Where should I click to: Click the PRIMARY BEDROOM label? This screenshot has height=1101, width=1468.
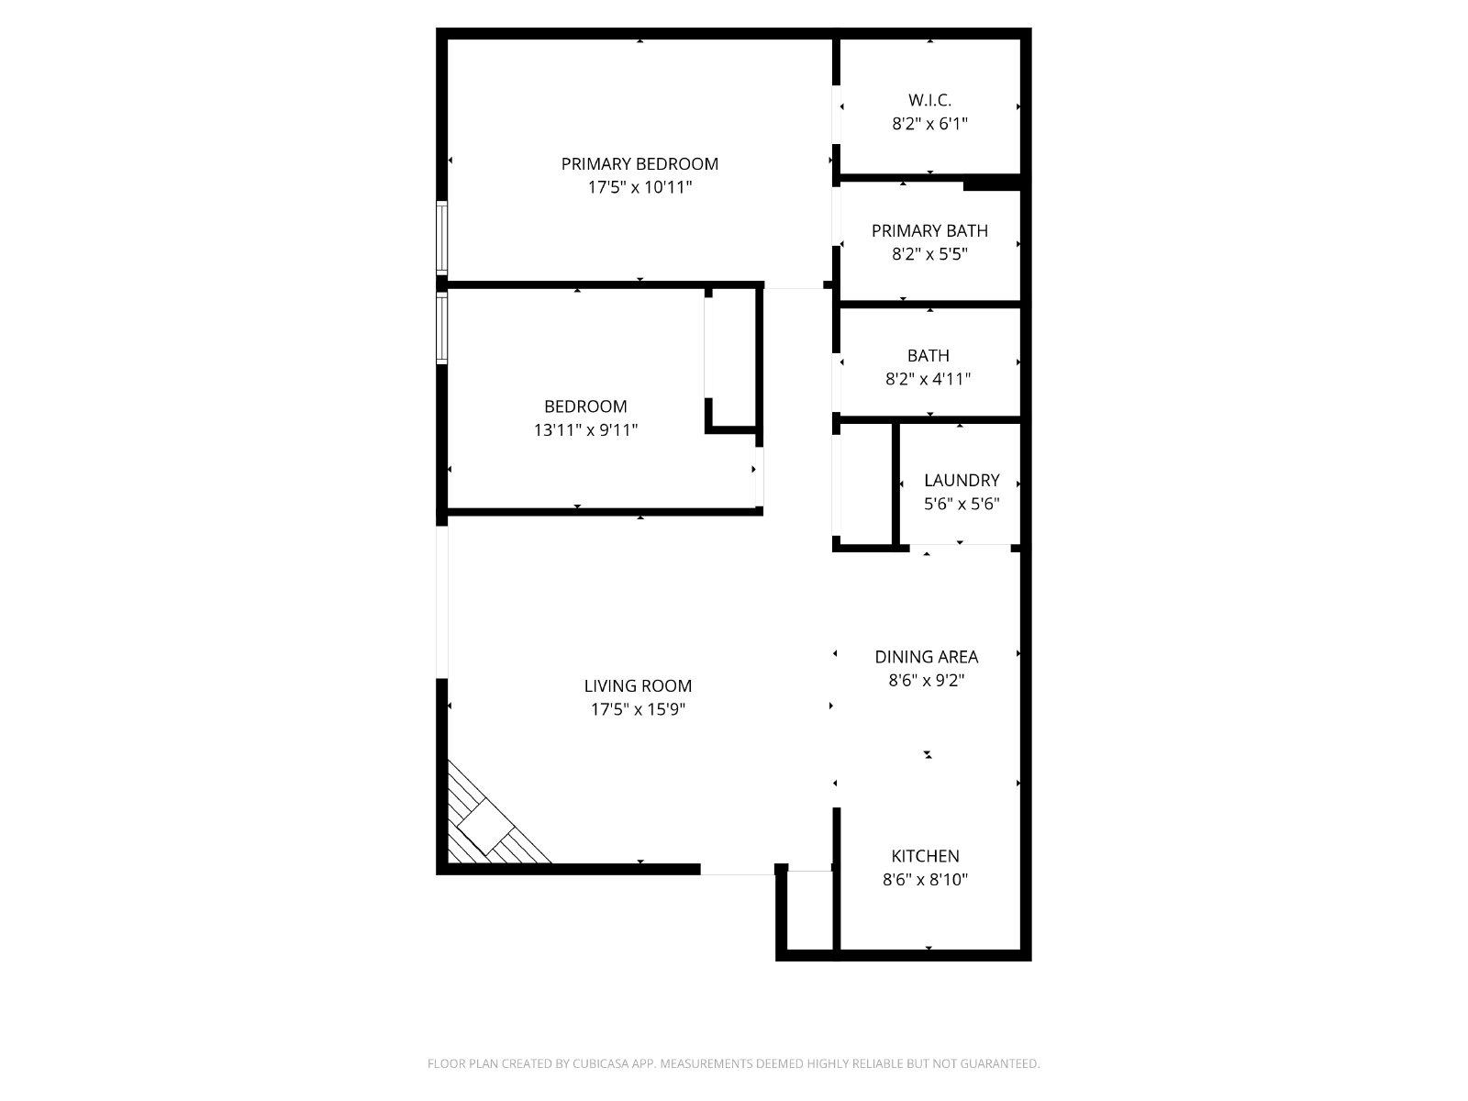tap(639, 164)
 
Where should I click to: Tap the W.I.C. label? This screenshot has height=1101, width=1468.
tap(929, 100)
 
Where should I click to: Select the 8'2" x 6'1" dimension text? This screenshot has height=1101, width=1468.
tap(929, 124)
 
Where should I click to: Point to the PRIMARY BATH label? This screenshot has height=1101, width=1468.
tap(929, 230)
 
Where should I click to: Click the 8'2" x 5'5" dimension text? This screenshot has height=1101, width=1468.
tap(929, 254)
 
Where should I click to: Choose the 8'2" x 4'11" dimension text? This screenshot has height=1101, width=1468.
tap(928, 379)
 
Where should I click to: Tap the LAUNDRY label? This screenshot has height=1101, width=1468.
tap(962, 480)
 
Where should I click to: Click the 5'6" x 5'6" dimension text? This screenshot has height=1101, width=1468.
tap(962, 504)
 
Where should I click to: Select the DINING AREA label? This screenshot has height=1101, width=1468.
tap(927, 656)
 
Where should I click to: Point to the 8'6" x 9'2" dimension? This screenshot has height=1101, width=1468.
tap(927, 680)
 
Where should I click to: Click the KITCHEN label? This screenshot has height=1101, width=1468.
tap(925, 856)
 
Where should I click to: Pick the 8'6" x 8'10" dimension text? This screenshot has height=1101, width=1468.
tap(925, 879)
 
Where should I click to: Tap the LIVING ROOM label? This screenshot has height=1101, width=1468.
tap(638, 685)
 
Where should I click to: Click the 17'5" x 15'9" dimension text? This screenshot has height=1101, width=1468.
tap(638, 708)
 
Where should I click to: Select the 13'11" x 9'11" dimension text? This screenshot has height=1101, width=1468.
tap(585, 429)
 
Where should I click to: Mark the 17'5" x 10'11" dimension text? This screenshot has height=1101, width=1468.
tap(639, 187)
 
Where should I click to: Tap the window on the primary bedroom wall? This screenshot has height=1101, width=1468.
tap(441, 238)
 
